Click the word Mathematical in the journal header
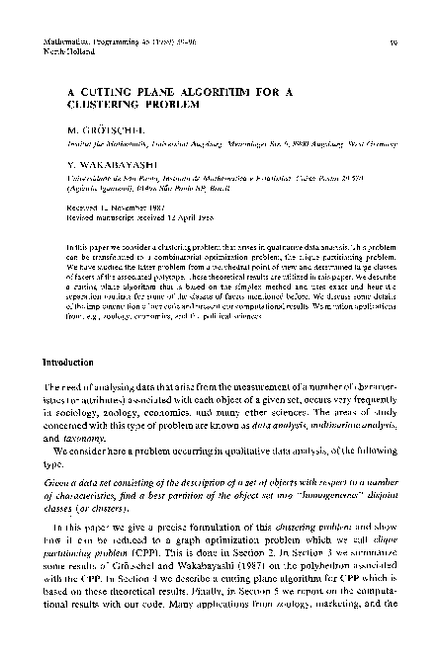pyautogui.click(x=69, y=16)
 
